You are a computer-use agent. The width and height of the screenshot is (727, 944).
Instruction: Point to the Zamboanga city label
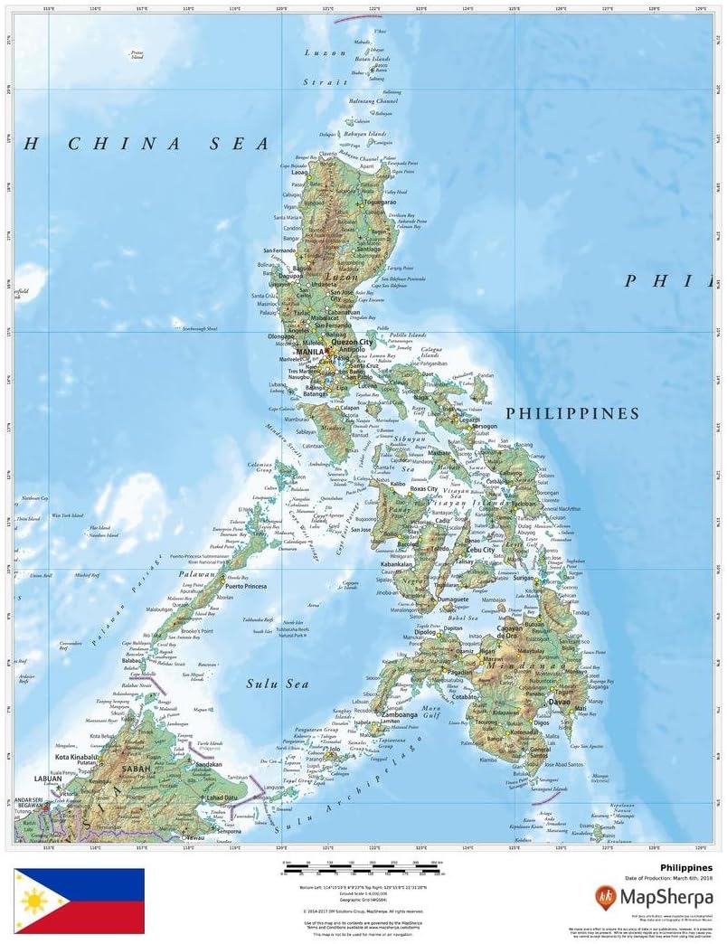click(x=399, y=714)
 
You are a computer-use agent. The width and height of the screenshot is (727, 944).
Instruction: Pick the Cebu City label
click(x=480, y=549)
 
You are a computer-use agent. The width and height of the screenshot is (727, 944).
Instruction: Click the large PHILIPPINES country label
click(x=571, y=413)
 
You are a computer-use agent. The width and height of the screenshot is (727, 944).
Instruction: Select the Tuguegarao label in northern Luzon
click(x=380, y=202)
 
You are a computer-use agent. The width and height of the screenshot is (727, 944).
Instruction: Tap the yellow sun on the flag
click(x=33, y=901)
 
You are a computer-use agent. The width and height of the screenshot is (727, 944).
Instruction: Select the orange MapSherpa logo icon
click(x=605, y=897)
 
